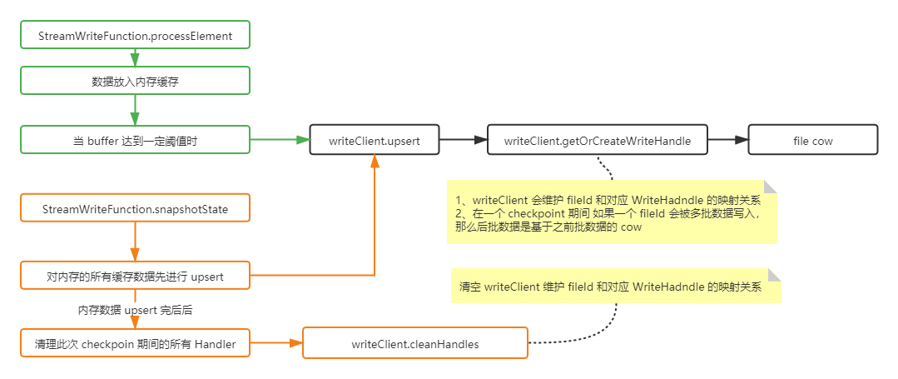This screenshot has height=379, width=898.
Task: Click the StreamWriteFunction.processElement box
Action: pyautogui.click(x=135, y=36)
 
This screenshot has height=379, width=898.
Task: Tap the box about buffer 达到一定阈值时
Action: pyautogui.click(x=135, y=141)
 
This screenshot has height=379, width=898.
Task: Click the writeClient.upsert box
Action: pyautogui.click(x=374, y=141)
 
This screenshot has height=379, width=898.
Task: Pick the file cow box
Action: pyautogui.click(x=812, y=141)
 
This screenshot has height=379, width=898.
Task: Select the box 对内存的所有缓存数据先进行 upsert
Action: pyautogui.click(x=135, y=275)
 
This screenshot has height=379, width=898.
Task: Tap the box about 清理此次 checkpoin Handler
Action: pyautogui.click(x=135, y=343)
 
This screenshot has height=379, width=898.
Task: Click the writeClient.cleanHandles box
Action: pyautogui.click(x=414, y=343)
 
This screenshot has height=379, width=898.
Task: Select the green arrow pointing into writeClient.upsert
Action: pyautogui.click(x=280, y=140)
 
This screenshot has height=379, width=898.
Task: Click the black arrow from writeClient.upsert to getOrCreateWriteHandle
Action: pyautogui.click(x=462, y=141)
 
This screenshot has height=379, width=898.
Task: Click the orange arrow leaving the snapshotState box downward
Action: pyautogui.click(x=135, y=242)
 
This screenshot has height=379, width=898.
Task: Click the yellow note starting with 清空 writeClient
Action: pyautogui.click(x=616, y=287)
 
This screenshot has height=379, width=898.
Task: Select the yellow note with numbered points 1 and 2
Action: pyautogui.click(x=612, y=213)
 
